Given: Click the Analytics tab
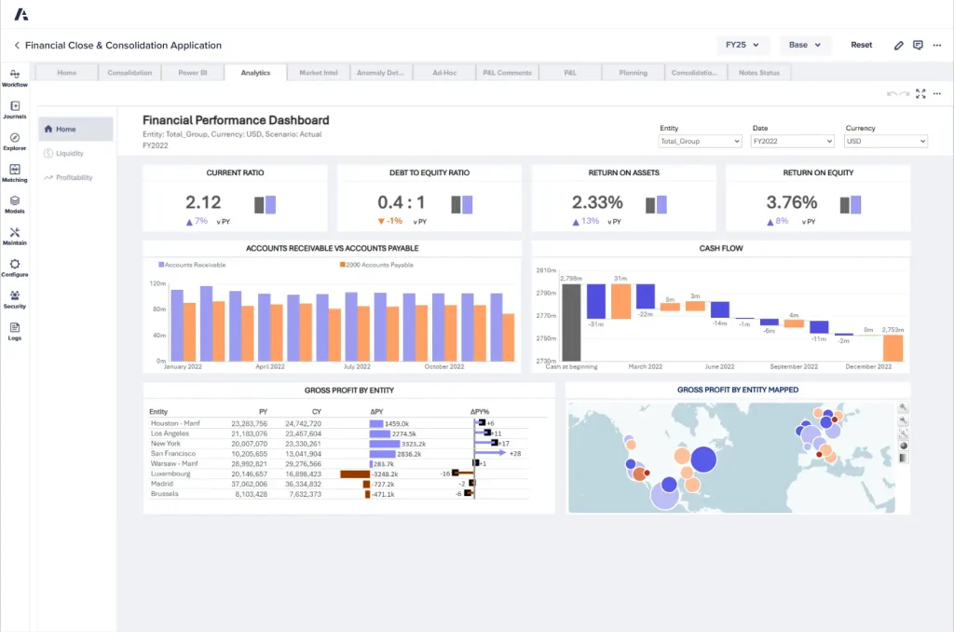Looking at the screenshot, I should click(x=254, y=73).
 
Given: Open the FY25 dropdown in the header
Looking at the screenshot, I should click(x=743, y=45).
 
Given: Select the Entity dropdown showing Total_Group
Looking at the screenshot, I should click(x=699, y=142).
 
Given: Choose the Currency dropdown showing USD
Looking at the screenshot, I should click(x=885, y=142).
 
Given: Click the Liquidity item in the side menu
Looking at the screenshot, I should click(x=70, y=154).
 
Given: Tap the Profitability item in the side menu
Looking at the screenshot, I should click(x=74, y=177).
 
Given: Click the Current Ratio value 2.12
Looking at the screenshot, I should click(x=203, y=202).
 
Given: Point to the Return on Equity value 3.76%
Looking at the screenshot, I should click(x=791, y=202).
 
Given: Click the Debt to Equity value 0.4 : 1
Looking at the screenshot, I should click(x=402, y=202).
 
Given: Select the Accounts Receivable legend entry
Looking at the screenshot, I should click(x=195, y=265).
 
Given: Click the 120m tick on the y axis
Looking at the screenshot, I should click(x=157, y=283).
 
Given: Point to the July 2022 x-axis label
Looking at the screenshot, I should click(x=357, y=367).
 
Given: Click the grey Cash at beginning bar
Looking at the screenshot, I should click(x=571, y=322).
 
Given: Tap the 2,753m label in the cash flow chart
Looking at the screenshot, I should click(x=893, y=330).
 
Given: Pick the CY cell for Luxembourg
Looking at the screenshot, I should click(x=303, y=474).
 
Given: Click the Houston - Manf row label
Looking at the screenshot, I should click(x=175, y=423).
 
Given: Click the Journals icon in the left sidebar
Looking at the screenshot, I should click(x=15, y=109).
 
